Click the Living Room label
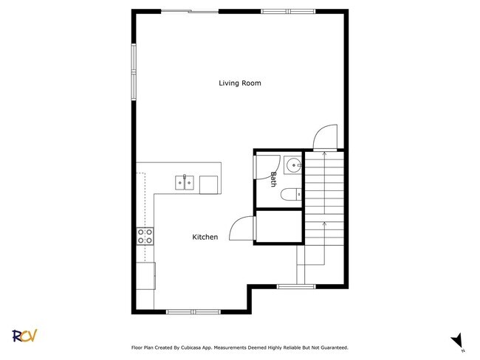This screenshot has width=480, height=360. (239, 83)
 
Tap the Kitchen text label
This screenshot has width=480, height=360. (205, 237)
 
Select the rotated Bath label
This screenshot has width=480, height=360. (273, 179)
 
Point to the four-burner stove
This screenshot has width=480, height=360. (145, 236)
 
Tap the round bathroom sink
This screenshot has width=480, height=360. (293, 165)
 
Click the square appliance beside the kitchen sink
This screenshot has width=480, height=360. (209, 184)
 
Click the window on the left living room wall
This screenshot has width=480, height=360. (134, 70)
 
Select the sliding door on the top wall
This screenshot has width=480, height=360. (189, 11)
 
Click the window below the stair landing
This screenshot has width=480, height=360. (297, 285)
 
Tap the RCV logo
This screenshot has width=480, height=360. (24, 336)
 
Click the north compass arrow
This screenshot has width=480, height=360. (458, 339)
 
